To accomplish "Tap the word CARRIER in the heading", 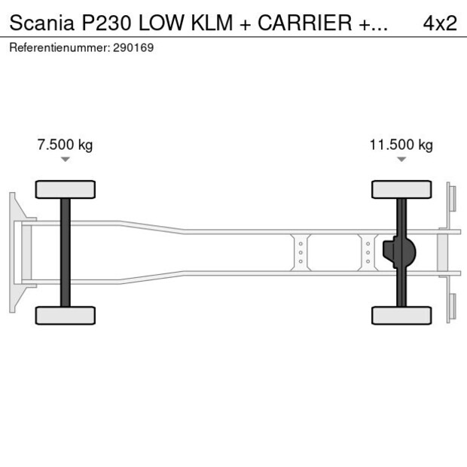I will click(x=304, y=23).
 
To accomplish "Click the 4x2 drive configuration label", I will click(x=440, y=23).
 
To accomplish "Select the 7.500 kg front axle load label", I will click(x=65, y=145).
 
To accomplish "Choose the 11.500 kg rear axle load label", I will click(x=401, y=145).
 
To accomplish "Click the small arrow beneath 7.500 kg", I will click(x=66, y=160).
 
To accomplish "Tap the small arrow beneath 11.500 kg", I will click(x=401, y=160).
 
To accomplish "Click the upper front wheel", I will click(x=66, y=189).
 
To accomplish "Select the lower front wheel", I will click(x=66, y=316).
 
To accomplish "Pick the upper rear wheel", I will click(x=401, y=189).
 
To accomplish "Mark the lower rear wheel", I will click(x=401, y=316).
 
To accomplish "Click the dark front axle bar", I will click(x=66, y=252).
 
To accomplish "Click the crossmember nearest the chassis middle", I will click(x=301, y=252).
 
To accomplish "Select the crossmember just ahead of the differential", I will click(x=368, y=252).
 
